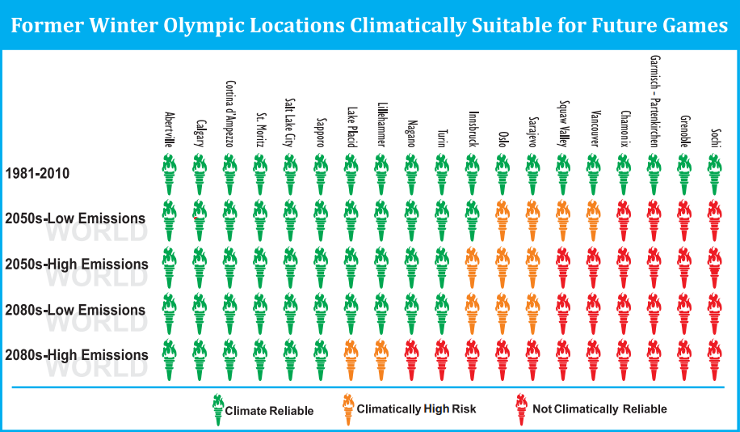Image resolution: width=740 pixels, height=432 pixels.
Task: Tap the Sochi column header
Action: pos(715,138)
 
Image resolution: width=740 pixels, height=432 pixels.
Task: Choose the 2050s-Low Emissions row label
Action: pos(75,218)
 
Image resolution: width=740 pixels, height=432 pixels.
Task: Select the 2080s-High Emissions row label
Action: pos(77,355)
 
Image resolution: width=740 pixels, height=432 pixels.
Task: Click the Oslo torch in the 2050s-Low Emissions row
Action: pos(502,218)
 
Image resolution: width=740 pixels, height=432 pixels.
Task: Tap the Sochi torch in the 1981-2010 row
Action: pos(715,173)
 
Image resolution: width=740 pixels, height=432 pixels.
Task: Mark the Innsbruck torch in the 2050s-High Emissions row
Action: pos(473,265)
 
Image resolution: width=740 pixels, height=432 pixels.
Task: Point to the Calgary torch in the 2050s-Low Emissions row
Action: pos(200,218)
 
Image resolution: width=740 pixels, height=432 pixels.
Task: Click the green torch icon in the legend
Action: pos(217,409)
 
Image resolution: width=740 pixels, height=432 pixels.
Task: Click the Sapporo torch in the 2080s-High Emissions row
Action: pos(321,356)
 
